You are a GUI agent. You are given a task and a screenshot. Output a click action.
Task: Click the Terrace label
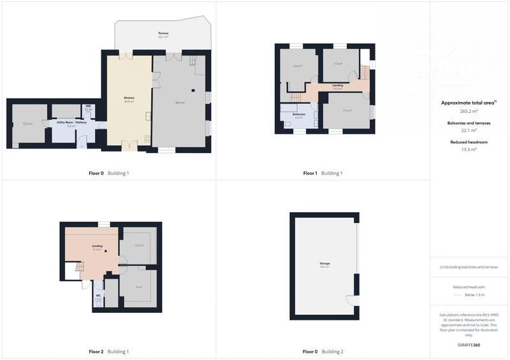tap(164, 32)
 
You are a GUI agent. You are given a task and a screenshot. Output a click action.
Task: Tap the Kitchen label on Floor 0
tap(129, 98)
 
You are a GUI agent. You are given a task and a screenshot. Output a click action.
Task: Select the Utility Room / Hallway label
tap(67, 122)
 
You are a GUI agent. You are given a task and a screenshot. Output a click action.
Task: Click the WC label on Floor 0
tap(89, 106)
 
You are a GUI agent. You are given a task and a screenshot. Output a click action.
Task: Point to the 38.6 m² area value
tap(180, 102)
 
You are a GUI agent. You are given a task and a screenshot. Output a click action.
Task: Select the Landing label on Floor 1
tap(338, 85)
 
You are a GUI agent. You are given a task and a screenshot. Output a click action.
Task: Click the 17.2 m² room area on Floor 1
tap(347, 111)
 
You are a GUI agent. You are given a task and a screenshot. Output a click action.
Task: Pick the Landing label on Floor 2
tap(98, 245)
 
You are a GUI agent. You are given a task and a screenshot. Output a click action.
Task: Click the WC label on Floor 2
tap(99, 295)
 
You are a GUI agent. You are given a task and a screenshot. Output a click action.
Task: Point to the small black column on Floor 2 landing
tap(106, 252)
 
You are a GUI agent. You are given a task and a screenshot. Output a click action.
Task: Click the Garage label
tap(324, 263)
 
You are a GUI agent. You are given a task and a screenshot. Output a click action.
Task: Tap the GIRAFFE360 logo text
tap(469, 345)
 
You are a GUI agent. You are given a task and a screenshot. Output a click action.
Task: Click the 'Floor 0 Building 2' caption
tap(323, 352)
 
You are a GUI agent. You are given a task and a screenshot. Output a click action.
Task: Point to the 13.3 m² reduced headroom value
tap(469, 150)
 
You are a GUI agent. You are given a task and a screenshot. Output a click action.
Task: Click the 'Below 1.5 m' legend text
tap(475, 295)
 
